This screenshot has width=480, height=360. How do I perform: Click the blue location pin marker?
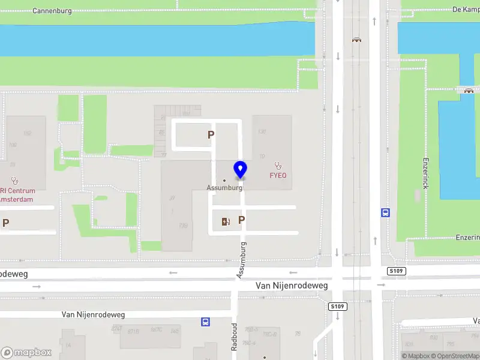[x=241, y=170]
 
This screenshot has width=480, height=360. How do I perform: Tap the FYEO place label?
[x=277, y=176]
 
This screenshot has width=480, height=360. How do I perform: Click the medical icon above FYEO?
[x=277, y=165]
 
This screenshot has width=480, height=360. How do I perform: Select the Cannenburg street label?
[x=52, y=11]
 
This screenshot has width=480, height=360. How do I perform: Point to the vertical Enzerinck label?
[x=425, y=175]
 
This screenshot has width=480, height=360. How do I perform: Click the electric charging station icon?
[x=226, y=221]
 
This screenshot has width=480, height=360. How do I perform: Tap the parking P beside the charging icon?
[x=241, y=220]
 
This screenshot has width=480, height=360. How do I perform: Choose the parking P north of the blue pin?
[x=211, y=135]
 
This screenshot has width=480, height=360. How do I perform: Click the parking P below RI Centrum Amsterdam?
[x=6, y=223]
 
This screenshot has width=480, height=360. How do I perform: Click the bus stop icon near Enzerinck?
[x=385, y=212]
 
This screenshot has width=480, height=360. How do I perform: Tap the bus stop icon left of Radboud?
[x=206, y=322]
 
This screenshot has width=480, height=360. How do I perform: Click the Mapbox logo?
[x=26, y=353]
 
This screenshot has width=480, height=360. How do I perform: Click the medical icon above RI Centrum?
[x=15, y=179]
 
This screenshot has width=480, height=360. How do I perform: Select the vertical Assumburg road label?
[x=241, y=260]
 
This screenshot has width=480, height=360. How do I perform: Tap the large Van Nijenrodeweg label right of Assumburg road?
[x=292, y=286]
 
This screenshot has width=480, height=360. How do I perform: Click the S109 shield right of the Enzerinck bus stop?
[x=397, y=271]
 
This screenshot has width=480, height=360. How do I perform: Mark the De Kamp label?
[x=464, y=9]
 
